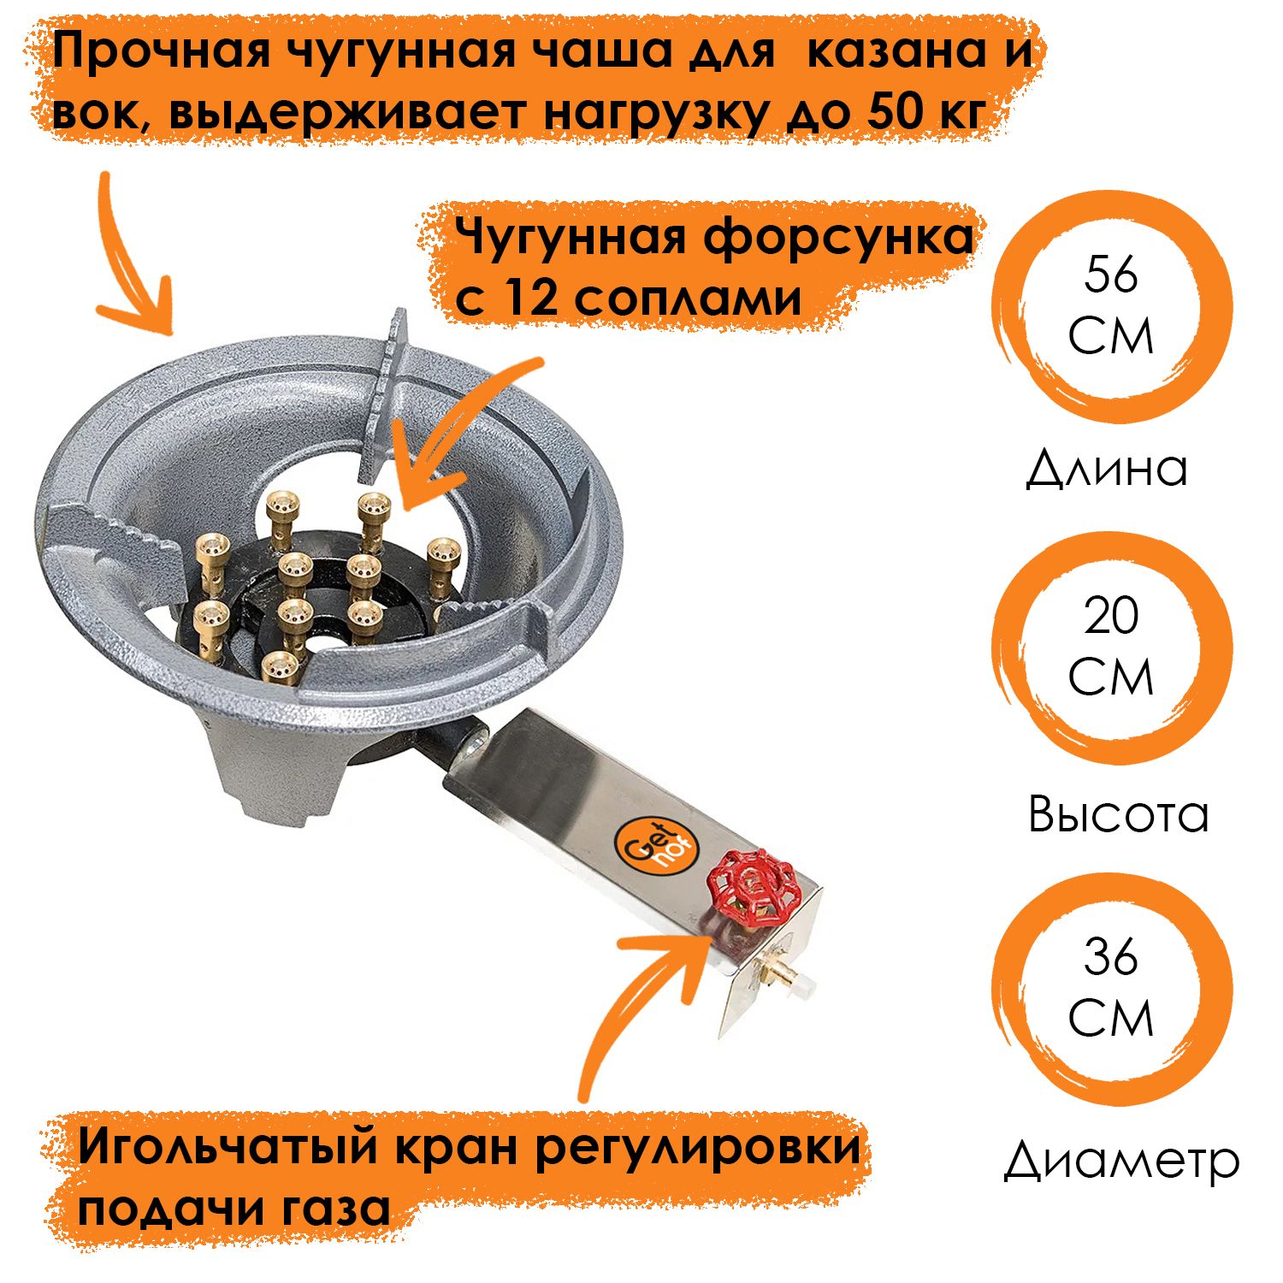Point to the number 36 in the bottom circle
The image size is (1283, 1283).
tap(1111, 957)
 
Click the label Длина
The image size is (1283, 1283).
tap(1107, 469)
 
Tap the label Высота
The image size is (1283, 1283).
tap(1118, 813)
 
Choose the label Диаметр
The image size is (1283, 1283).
tap(1121, 1160)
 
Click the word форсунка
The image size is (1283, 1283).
tap(838, 238)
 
